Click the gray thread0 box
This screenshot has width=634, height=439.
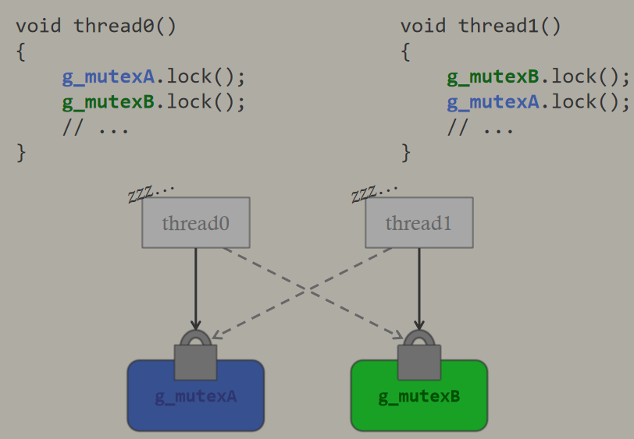pos(196,222)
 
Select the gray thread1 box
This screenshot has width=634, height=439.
pos(419,222)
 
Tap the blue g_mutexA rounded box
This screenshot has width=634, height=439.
pos(196,395)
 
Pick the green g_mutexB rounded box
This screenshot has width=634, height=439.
pos(419,395)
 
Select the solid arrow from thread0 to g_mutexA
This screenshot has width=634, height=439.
pos(196,289)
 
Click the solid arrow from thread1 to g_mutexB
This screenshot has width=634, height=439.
pos(419,289)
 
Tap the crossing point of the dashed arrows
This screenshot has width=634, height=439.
pos(308,289)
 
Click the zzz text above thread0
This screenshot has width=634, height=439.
pos(151,193)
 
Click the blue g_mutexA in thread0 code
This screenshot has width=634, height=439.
pos(109,76)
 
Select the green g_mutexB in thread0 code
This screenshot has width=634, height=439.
pos(109,102)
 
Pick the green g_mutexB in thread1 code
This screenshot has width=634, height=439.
pos(493,76)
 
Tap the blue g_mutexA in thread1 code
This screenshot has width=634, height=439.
pos(493,102)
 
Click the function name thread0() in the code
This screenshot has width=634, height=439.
pos(125,27)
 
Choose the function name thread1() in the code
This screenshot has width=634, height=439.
pos(509,27)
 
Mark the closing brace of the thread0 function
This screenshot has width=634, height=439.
pos(21,153)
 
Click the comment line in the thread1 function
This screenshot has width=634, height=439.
pos(480,128)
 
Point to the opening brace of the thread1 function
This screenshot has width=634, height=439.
pos(405,51)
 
